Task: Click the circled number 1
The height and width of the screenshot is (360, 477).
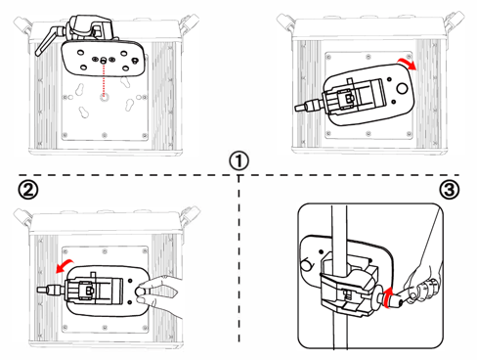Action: tap(238, 160)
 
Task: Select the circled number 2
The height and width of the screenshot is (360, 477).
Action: tap(27, 190)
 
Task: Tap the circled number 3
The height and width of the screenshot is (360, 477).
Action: tap(450, 190)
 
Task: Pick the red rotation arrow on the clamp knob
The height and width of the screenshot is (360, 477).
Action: tap(386, 297)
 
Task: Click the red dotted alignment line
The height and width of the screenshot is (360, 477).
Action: tap(104, 79)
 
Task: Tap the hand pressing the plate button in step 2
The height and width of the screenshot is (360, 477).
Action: tap(159, 295)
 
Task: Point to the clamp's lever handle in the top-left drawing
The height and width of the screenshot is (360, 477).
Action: tap(47, 42)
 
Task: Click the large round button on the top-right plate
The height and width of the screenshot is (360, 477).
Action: tap(402, 88)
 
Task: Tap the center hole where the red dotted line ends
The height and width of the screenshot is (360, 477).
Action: tap(104, 97)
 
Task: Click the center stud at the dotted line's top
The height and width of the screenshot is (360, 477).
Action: tap(104, 60)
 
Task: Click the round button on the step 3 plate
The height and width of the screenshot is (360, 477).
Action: tap(306, 264)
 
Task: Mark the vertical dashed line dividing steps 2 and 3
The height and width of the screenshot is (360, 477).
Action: tap(238, 258)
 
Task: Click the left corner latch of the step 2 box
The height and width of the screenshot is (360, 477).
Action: tap(23, 217)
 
